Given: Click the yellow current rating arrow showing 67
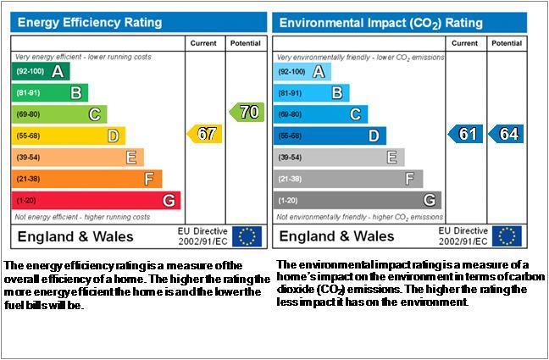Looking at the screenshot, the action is coord(204,134).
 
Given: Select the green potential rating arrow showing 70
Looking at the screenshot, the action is coord(247,112).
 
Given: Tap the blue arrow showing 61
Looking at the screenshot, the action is coord(466,134).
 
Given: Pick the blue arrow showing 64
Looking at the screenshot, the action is coord(506,134).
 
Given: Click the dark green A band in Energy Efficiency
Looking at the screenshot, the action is coord(41,71).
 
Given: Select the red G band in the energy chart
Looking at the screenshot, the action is coord(96,200).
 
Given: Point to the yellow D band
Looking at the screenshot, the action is coord(69,136).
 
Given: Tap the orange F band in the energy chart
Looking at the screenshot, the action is coord(86,179).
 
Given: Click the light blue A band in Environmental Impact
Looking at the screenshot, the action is coord(302,72).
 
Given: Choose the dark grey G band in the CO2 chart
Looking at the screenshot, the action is coord(358,200).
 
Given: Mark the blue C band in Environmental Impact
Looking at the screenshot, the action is coord(320,114).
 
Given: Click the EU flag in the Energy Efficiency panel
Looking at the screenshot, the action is coord(247,236).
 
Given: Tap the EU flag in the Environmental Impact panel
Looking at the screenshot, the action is coord(507,236).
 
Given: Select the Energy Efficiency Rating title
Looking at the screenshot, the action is coord(90,23).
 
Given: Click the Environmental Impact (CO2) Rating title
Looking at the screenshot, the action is coord(381,23).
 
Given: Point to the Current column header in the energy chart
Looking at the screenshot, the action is coord(203,43).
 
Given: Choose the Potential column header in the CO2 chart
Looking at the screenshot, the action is coord(507,43).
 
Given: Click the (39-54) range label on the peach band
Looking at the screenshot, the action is coord(28,158).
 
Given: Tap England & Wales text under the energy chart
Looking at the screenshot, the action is coord(75,236).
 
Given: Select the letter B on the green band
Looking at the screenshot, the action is coord(76,93).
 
